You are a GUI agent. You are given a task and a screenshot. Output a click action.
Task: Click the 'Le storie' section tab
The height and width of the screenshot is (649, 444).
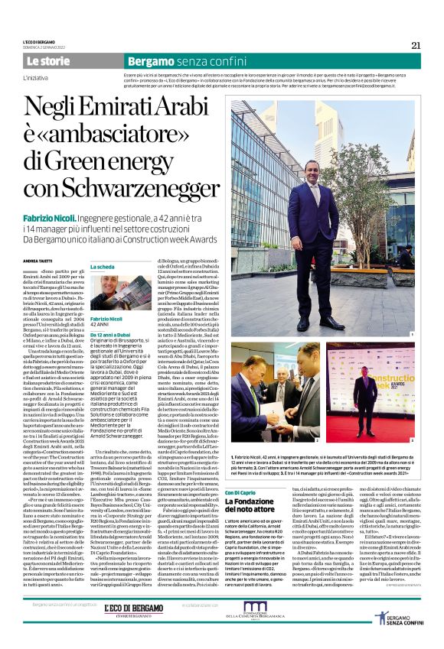tap(48, 60)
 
